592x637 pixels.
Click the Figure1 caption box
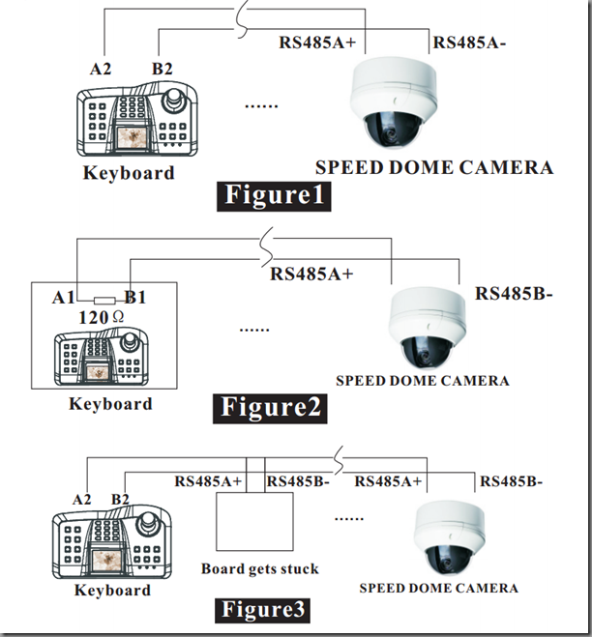(x=274, y=196)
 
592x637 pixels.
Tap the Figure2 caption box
(x=270, y=409)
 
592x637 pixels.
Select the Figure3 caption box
(x=262, y=611)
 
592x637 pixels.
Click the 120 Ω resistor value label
(x=101, y=317)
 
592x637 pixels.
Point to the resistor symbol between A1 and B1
(x=104, y=301)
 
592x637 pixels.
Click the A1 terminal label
(x=63, y=298)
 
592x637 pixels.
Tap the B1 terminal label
(x=135, y=298)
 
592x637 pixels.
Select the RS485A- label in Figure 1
(x=469, y=43)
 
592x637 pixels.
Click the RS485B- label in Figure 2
(x=514, y=293)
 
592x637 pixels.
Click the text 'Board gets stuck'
(x=260, y=569)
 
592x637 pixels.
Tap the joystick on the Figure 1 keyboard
(x=174, y=99)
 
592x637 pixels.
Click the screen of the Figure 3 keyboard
(x=107, y=561)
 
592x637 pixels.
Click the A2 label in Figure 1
(x=100, y=69)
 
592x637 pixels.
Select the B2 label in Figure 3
(x=120, y=499)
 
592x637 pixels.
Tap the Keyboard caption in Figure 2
(x=110, y=404)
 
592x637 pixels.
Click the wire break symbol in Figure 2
(x=266, y=247)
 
